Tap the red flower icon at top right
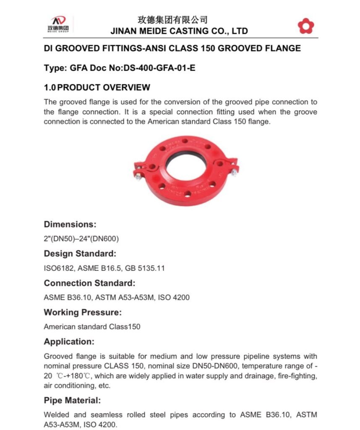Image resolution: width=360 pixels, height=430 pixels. point(305,26)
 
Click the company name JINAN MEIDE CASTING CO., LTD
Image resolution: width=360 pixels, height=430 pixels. point(179,31)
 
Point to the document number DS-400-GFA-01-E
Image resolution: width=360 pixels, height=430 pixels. point(159,68)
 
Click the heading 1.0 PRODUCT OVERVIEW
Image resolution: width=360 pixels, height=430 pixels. point(97,87)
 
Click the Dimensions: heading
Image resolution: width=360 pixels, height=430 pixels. point(70,224)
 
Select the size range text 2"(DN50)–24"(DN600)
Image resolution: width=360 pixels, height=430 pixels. point(81,239)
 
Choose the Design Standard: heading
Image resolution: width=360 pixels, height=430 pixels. point(80,254)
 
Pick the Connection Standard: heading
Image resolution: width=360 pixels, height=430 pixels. point(90,283)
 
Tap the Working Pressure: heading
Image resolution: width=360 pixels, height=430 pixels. point(83,312)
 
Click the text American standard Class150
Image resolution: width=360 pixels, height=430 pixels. point(92,327)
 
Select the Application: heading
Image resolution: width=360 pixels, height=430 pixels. point(69,341)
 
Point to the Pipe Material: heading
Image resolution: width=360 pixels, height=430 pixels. point(72,400)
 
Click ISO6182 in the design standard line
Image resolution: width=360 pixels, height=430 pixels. point(57,268)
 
